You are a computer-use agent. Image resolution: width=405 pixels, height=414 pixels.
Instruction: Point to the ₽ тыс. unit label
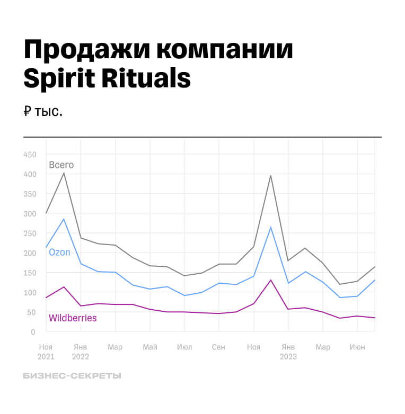[43, 112]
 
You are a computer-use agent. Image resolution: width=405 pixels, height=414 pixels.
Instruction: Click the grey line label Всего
[61, 165]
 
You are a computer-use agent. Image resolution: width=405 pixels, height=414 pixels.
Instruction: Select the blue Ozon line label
[59, 253]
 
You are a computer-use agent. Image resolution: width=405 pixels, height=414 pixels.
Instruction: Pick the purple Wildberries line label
[73, 318]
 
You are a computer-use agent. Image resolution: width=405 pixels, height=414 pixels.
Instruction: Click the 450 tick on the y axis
[30, 155]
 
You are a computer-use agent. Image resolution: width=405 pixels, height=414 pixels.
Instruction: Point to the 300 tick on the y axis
[30, 214]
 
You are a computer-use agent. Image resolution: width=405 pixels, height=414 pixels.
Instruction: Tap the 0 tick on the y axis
[33, 332]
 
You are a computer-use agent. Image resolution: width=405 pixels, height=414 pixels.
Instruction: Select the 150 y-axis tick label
[30, 273]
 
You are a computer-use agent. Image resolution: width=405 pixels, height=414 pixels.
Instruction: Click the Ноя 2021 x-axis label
[46, 352]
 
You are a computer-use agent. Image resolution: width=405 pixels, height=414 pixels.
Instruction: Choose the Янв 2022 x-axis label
[81, 352]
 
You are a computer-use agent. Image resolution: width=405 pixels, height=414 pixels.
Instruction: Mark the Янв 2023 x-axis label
[288, 352]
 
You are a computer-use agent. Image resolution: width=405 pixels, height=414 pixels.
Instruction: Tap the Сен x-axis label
[218, 347]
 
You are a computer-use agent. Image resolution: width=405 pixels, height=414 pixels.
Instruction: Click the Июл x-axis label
[184, 347]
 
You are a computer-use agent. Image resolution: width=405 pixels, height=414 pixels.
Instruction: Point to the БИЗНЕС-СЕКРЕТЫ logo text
[72, 376]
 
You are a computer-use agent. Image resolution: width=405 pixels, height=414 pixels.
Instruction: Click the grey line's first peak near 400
[64, 173]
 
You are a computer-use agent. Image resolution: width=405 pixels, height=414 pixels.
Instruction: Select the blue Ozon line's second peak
[271, 228]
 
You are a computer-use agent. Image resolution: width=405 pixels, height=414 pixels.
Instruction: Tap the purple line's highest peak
[271, 280]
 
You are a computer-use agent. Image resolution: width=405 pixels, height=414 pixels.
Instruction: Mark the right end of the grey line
[375, 267]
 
